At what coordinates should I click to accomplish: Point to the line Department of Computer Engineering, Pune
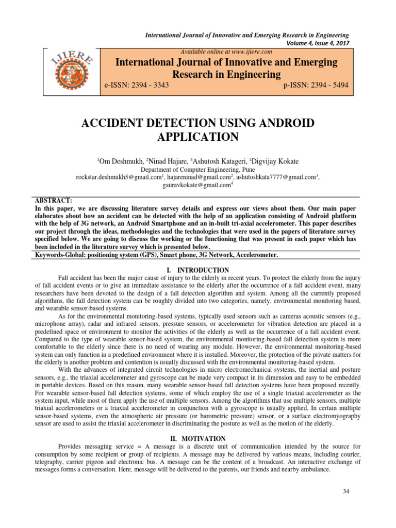coord(198,169)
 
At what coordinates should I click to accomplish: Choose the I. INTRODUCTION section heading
coord(198,270)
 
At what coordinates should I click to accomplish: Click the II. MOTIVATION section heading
coord(198,438)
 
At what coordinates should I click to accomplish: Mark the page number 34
coord(346,490)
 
